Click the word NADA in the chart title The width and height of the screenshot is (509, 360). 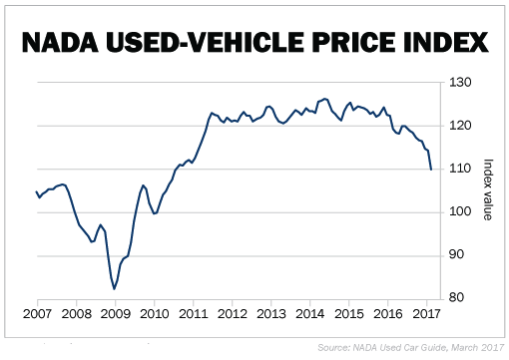point(60,43)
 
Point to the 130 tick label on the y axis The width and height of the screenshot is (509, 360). point(460,83)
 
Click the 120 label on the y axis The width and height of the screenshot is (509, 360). point(460,126)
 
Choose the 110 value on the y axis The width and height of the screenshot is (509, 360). point(460,169)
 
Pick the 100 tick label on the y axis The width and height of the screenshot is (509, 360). point(460,211)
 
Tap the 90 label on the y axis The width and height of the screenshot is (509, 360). point(456,254)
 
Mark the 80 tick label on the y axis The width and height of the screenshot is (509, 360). point(456,297)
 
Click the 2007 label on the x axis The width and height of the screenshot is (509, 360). point(37,314)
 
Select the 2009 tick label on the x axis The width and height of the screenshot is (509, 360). point(116,314)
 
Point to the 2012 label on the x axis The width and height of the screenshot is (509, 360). point(233,314)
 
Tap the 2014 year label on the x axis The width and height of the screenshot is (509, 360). point(310,314)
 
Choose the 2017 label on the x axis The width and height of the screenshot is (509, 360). point(427,314)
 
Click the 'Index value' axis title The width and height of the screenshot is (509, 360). point(488,189)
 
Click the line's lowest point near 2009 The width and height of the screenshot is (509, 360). point(114,289)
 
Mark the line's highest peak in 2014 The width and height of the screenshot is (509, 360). point(324,99)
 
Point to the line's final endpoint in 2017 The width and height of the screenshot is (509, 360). point(431,170)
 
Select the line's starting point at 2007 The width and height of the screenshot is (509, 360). point(36,191)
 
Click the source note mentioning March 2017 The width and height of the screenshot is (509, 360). point(411,348)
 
